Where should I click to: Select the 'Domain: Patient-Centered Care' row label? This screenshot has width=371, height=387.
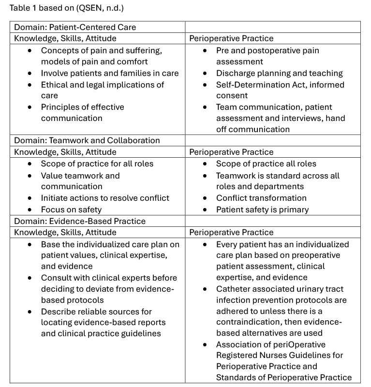tap(75, 27)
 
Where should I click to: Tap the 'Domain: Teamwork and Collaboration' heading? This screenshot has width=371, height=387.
tap(87, 140)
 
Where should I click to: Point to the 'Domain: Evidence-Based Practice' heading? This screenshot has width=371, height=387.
tap(79, 221)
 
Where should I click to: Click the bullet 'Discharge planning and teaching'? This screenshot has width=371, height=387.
tap(279, 73)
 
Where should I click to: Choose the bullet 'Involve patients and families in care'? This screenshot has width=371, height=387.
tap(110, 73)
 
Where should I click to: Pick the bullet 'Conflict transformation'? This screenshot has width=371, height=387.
tap(261, 198)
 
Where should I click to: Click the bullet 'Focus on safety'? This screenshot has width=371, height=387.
tap(71, 209)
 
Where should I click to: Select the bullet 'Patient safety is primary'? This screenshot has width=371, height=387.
tap(262, 209)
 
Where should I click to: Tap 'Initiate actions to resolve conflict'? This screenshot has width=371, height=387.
tap(105, 198)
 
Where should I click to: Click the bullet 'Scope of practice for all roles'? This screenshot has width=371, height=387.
tap(97, 164)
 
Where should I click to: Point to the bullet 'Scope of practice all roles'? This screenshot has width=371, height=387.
tap(266, 164)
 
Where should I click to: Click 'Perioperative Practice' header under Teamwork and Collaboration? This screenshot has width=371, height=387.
tap(231, 152)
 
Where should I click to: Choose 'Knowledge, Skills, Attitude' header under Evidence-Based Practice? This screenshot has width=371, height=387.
tap(65, 233)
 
